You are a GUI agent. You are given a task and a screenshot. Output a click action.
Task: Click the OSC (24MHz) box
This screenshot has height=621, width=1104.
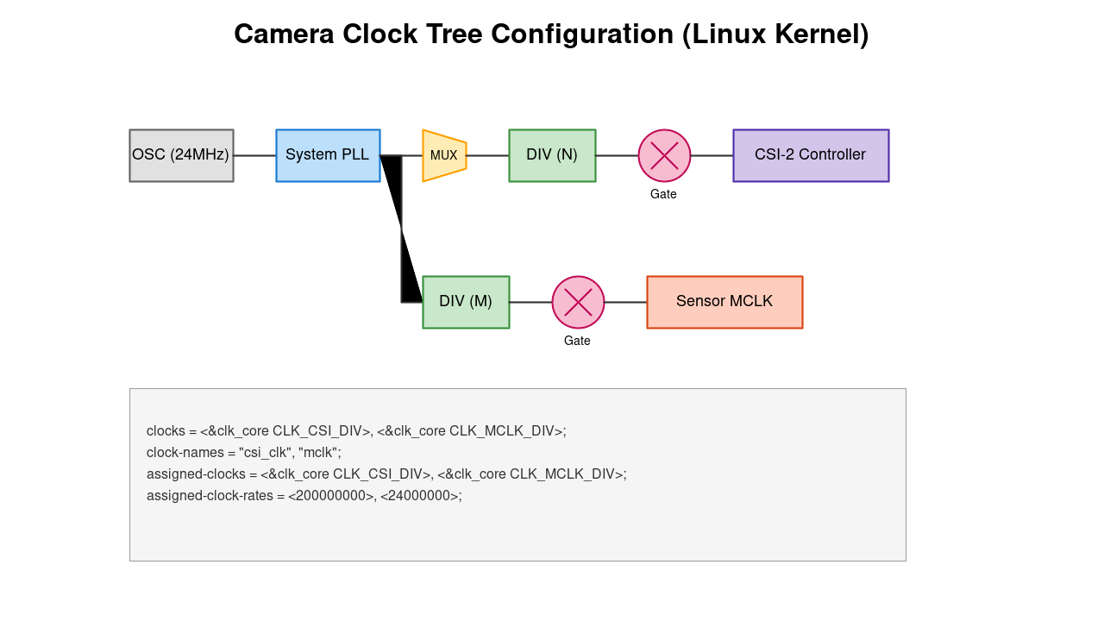[x=181, y=155]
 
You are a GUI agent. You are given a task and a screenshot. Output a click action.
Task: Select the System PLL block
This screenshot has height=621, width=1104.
[x=328, y=155]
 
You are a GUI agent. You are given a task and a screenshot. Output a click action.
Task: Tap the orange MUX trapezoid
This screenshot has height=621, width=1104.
[x=444, y=155]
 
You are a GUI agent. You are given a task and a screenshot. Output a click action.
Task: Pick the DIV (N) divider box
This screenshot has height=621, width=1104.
[x=552, y=155]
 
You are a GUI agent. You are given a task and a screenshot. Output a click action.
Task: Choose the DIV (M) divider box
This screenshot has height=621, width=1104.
[x=466, y=302]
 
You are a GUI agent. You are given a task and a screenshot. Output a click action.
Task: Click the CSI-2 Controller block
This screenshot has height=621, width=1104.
[x=811, y=155]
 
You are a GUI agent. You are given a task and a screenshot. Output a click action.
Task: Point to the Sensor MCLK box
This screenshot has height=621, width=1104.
[x=724, y=302]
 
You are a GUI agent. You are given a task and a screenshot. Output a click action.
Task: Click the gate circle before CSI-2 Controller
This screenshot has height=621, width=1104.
[x=664, y=155]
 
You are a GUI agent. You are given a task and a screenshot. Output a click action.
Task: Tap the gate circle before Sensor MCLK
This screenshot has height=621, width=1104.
[x=578, y=302]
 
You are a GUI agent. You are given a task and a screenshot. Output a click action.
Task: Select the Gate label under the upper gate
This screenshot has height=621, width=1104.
[x=663, y=194]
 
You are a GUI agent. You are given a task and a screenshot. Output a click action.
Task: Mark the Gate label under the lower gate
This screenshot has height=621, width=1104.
[x=577, y=341]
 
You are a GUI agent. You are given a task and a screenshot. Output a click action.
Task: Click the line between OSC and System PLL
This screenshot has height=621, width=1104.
[x=254, y=155]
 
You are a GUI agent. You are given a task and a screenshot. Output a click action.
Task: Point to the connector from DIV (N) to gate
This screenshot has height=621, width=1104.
[x=617, y=155]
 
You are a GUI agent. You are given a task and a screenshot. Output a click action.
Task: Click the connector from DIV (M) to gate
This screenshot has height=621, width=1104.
[x=530, y=302]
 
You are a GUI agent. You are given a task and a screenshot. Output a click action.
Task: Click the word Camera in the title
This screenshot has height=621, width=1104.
[x=285, y=34]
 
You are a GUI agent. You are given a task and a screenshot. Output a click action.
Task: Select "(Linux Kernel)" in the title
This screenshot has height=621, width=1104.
[x=775, y=34]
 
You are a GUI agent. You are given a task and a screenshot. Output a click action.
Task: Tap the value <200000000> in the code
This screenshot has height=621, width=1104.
[x=331, y=496]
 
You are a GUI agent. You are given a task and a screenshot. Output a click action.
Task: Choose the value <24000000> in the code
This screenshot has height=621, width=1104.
[x=420, y=496]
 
